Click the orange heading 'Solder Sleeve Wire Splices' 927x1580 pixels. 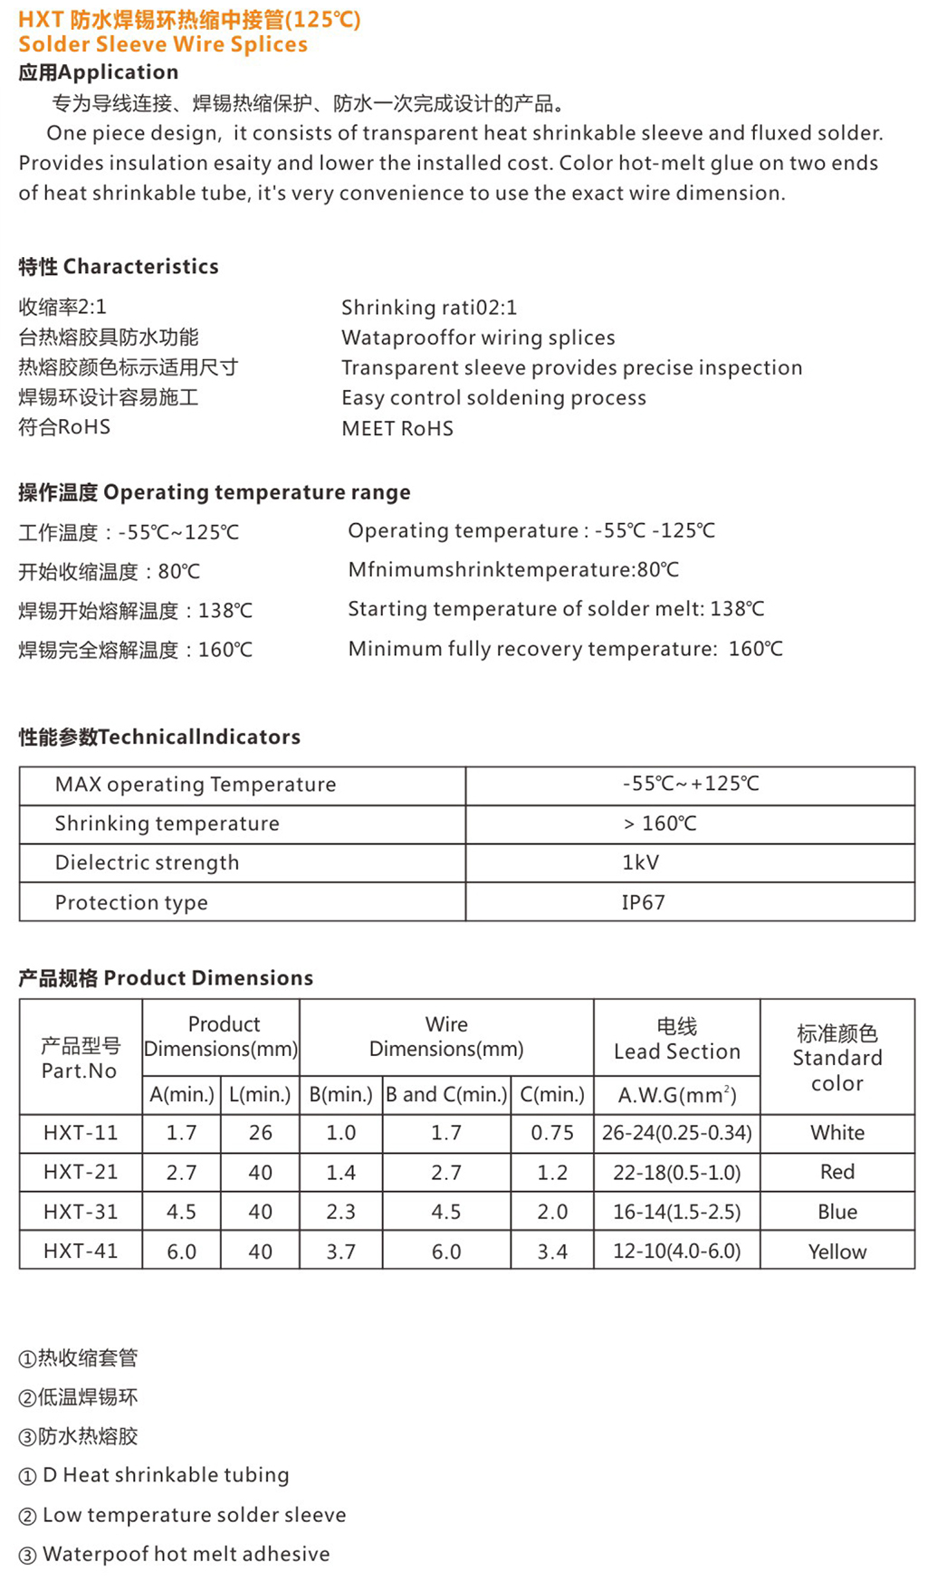tap(163, 44)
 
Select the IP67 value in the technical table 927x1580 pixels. tap(643, 902)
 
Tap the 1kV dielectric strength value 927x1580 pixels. tap(640, 862)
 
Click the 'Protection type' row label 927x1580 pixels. tap(131, 902)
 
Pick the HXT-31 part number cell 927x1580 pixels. tap(81, 1211)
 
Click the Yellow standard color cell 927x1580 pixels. tap(837, 1252)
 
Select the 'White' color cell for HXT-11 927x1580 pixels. tap(837, 1132)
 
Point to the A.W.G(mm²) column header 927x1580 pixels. tap(677, 1095)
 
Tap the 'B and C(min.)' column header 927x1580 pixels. tap(446, 1095)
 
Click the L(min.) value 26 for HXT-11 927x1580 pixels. tap(260, 1132)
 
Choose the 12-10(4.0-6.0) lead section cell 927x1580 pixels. tap(677, 1252)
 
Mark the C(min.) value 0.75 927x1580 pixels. tap(552, 1132)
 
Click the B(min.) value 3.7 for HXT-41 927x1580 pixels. tap(341, 1252)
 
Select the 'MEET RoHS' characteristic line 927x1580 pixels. tap(397, 428)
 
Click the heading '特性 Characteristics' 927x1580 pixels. tap(119, 266)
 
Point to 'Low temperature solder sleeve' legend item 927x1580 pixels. tap(194, 1514)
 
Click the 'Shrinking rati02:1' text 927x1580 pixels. tap(429, 308)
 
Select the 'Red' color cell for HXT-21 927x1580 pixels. tap(837, 1172)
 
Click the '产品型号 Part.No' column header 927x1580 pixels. tap(81, 1058)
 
